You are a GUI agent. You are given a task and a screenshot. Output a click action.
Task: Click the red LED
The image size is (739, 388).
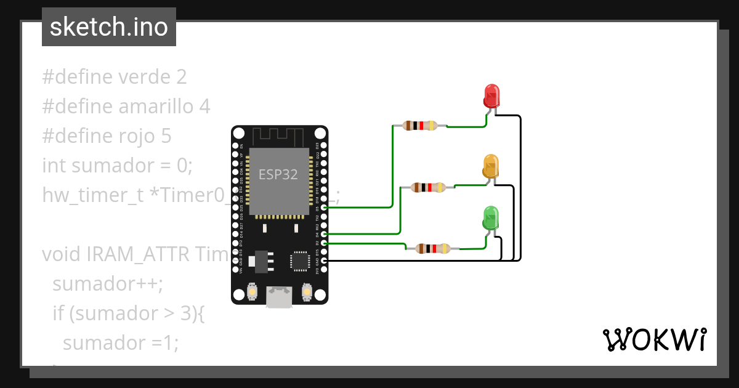pyautogui.click(x=491, y=96)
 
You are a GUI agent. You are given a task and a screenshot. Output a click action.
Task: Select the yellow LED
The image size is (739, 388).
pyautogui.click(x=491, y=167)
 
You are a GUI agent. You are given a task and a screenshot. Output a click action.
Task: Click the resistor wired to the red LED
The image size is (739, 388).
pyautogui.click(x=420, y=126)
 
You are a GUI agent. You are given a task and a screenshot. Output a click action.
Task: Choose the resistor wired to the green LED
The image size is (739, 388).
pyautogui.click(x=434, y=249)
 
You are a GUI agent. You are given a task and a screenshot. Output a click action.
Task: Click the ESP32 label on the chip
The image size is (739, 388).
pyautogui.click(x=278, y=174)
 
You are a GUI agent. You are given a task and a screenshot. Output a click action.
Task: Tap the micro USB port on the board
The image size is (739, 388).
pyautogui.click(x=280, y=297)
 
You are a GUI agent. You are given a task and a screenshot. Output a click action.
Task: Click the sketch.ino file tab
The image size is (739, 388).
pyautogui.click(x=109, y=27)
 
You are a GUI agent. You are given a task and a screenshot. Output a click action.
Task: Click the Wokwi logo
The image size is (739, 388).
pyautogui.click(x=654, y=339)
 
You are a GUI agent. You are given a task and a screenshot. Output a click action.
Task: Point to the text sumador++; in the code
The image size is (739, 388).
pyautogui.click(x=108, y=284)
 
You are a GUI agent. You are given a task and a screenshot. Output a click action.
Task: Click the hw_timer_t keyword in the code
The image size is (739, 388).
pyautogui.click(x=93, y=195)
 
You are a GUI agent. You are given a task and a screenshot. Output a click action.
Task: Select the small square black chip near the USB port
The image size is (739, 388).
pyautogui.click(x=301, y=261)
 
